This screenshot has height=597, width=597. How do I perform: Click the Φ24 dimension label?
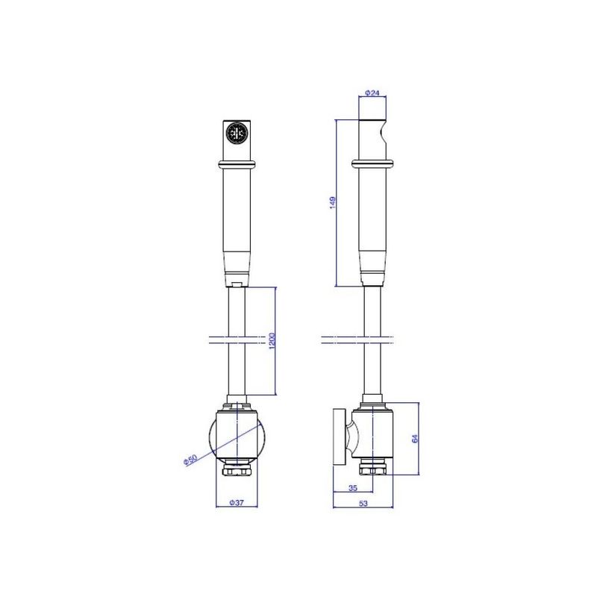point(372,93)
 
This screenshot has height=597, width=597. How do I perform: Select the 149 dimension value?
point(332,202)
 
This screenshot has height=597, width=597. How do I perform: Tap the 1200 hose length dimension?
point(272,340)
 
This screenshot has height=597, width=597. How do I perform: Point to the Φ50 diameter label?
point(190,460)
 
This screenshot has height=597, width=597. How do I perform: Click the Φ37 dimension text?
point(236,502)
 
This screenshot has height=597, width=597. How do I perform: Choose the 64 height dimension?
point(415,438)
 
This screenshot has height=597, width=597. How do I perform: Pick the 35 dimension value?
point(353,487)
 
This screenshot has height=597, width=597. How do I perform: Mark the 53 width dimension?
point(363,503)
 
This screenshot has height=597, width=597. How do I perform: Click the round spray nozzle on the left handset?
point(237,133)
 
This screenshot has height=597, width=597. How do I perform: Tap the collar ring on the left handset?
point(237,164)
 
